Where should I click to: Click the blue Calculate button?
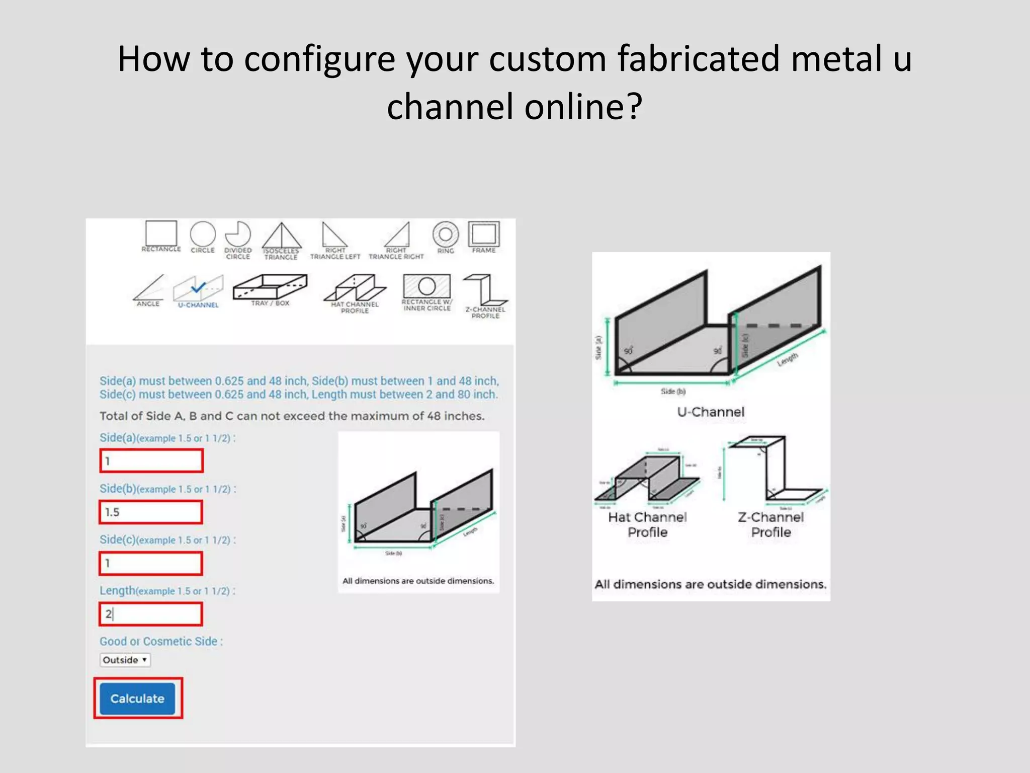tap(137, 699)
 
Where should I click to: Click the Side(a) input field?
tap(151, 461)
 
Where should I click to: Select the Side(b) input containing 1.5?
tap(151, 512)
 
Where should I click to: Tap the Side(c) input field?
tap(151, 563)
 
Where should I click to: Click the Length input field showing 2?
tap(151, 614)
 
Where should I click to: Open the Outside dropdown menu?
tap(125, 660)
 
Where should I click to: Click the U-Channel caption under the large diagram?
tap(710, 412)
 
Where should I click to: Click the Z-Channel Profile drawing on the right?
tap(772, 471)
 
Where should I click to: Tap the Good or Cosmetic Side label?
tap(161, 642)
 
